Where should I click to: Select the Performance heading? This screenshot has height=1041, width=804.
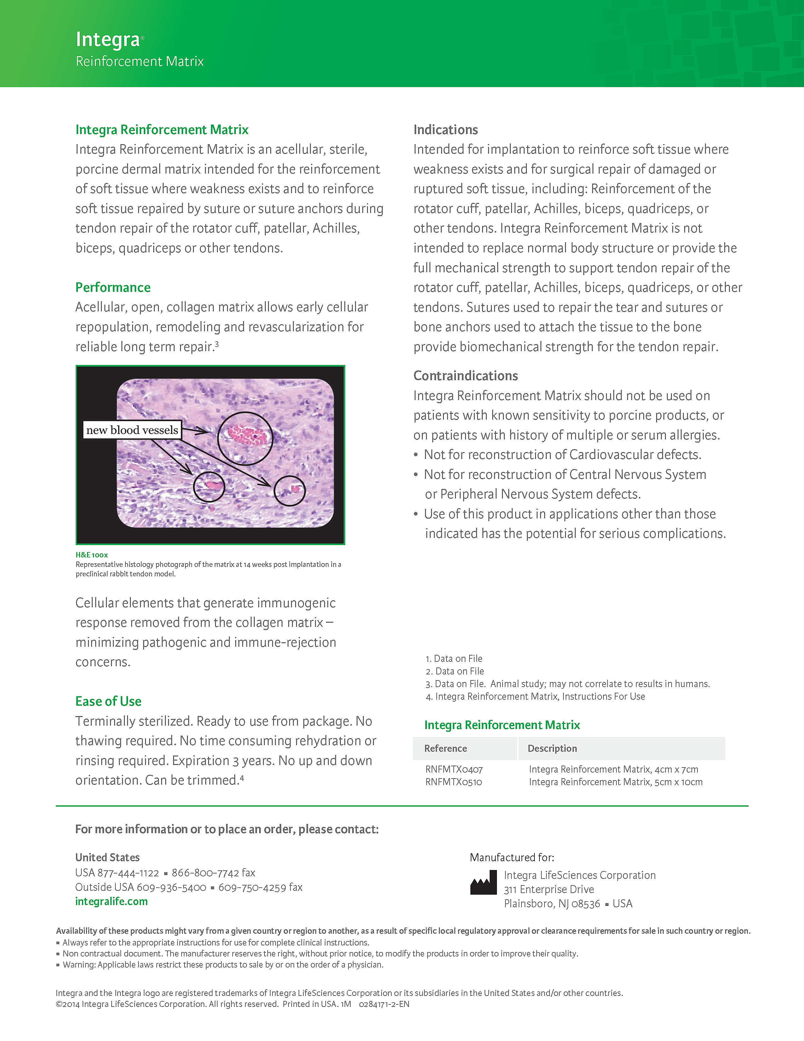(113, 287)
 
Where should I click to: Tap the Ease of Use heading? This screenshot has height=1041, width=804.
(108, 701)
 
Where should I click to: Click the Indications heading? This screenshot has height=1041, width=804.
(445, 130)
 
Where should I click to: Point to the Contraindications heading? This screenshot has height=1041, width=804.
(465, 376)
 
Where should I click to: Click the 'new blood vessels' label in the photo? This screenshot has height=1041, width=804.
(132, 430)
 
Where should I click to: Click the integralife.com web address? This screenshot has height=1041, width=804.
(111, 901)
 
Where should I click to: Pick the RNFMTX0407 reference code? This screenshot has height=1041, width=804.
(454, 769)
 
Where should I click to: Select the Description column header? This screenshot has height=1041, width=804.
(552, 748)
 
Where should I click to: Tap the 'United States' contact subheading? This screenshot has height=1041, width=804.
(107, 857)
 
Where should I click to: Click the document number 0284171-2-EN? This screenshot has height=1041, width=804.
(384, 1004)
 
